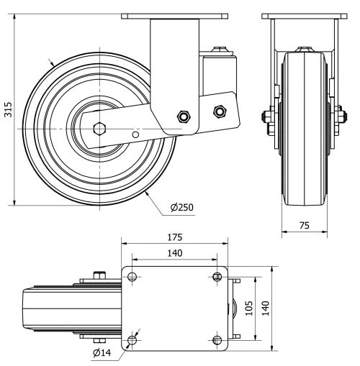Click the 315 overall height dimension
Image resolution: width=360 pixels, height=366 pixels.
click(x=6, y=109)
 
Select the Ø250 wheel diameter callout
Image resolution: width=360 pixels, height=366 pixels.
click(x=181, y=207)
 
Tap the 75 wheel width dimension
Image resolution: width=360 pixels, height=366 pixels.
click(x=304, y=225)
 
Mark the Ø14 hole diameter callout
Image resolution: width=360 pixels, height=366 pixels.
click(x=103, y=352)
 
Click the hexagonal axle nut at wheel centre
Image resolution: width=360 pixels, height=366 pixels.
click(x=100, y=129)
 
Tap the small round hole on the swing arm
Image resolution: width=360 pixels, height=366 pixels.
click(x=135, y=133)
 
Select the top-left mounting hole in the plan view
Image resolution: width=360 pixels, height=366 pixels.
click(x=132, y=277)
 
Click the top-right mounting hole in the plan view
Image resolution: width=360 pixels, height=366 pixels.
click(x=217, y=277)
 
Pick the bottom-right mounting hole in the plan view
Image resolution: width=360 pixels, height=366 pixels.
click(x=217, y=339)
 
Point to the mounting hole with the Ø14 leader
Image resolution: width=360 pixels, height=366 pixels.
click(x=132, y=339)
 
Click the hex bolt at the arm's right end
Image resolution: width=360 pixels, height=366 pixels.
click(x=219, y=111)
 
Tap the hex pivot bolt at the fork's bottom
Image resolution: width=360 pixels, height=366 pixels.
click(x=182, y=116)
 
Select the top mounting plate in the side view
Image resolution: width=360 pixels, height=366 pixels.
click(x=175, y=16)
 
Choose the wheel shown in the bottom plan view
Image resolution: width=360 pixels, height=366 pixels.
click(x=68, y=308)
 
